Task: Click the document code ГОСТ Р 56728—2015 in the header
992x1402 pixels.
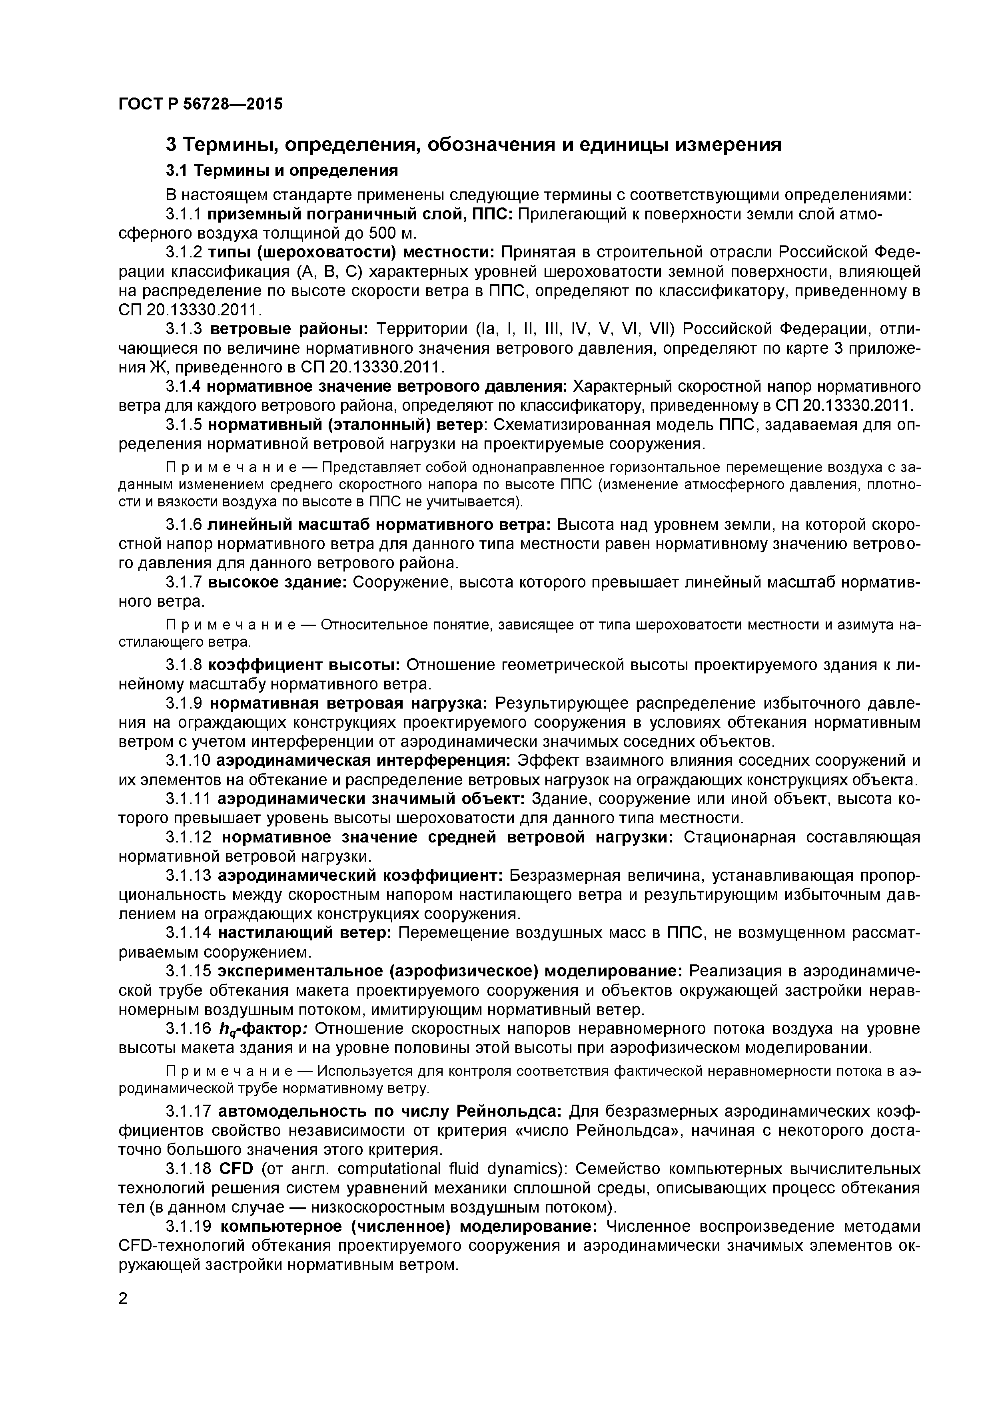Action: [x=200, y=104]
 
